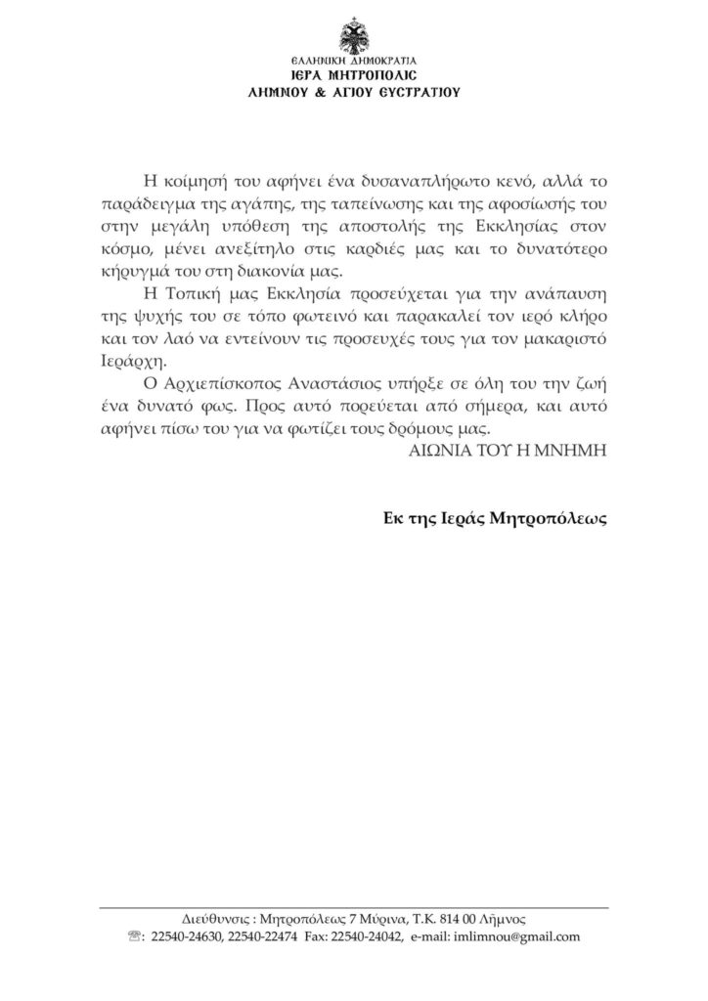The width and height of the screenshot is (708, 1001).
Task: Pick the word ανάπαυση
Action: (560, 294)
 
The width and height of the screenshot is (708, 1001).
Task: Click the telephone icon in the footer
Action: (134, 936)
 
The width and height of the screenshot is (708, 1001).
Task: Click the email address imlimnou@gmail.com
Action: (517, 936)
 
